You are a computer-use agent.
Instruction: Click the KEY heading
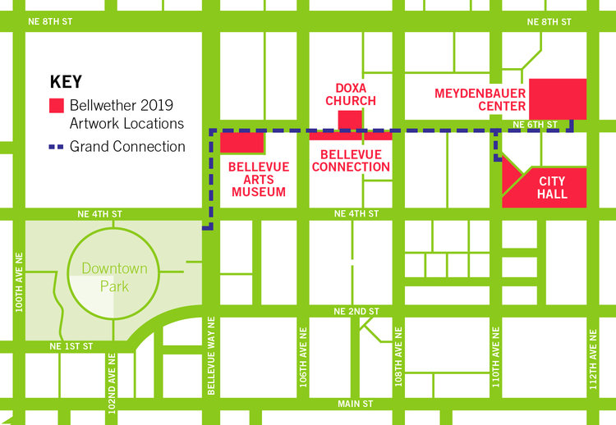(67, 82)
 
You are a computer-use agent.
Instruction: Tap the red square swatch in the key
(57, 106)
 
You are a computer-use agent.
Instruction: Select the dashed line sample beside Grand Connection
(57, 147)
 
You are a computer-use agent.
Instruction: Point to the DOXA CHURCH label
(350, 94)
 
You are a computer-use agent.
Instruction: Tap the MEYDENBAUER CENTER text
(480, 99)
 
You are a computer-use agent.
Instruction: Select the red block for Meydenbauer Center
(557, 99)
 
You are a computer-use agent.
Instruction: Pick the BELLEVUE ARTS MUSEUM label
(258, 179)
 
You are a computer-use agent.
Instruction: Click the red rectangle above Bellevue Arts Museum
(241, 142)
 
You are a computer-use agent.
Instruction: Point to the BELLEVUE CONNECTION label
(355, 160)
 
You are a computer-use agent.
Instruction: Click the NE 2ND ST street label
(356, 312)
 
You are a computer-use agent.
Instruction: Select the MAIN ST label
(355, 404)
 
